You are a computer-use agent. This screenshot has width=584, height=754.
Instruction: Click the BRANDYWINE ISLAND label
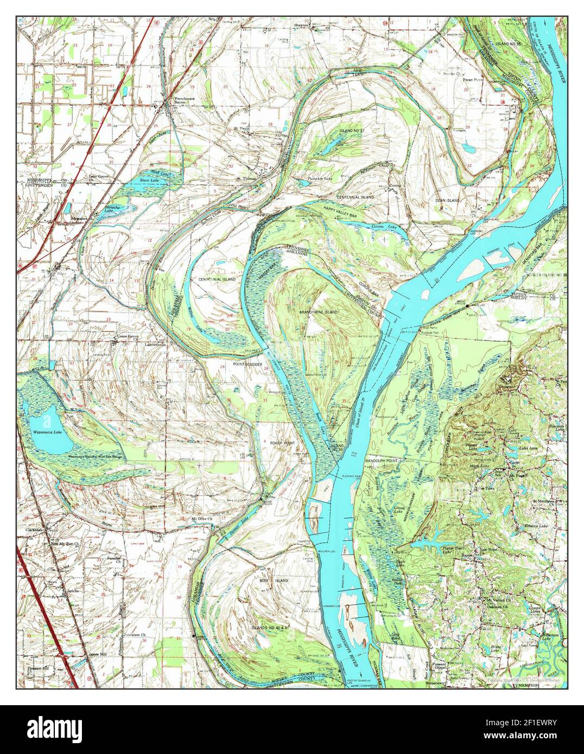(x=318, y=313)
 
